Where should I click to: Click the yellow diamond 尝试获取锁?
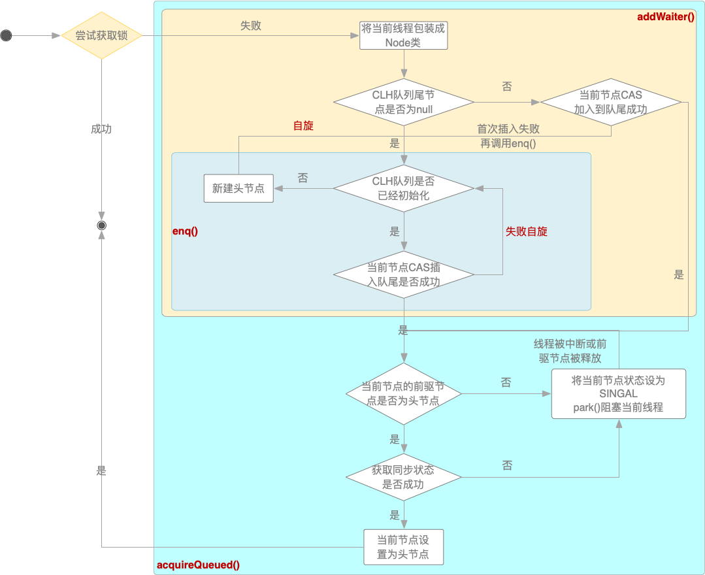102,35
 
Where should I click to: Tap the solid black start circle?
7,35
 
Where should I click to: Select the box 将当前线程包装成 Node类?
403,35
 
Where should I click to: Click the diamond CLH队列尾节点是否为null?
403,102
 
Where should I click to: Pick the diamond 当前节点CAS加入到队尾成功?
610,102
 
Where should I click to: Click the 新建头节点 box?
238,188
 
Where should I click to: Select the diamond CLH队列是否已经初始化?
403,188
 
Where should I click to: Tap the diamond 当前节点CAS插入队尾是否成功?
403,274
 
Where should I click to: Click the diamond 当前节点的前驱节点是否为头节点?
403,394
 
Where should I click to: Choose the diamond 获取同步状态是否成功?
403,478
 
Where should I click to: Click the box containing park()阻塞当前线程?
619,394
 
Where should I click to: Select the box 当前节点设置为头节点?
403,547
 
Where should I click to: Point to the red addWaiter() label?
666,16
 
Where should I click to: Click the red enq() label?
185,231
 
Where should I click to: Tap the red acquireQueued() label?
198,565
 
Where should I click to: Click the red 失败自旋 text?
527,231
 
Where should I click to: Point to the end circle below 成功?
102,225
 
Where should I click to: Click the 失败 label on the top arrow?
250,25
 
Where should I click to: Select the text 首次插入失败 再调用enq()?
508,136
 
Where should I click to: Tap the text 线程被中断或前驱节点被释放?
570,351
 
